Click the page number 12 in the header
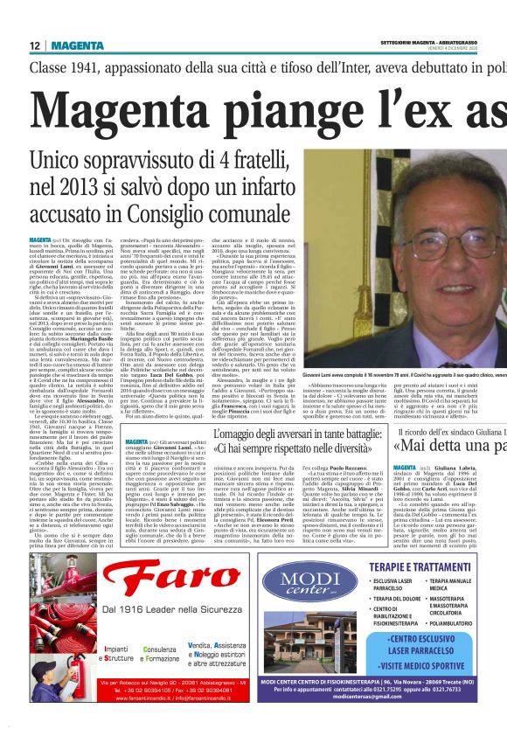click(34, 45)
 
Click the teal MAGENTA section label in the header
click(78, 45)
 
